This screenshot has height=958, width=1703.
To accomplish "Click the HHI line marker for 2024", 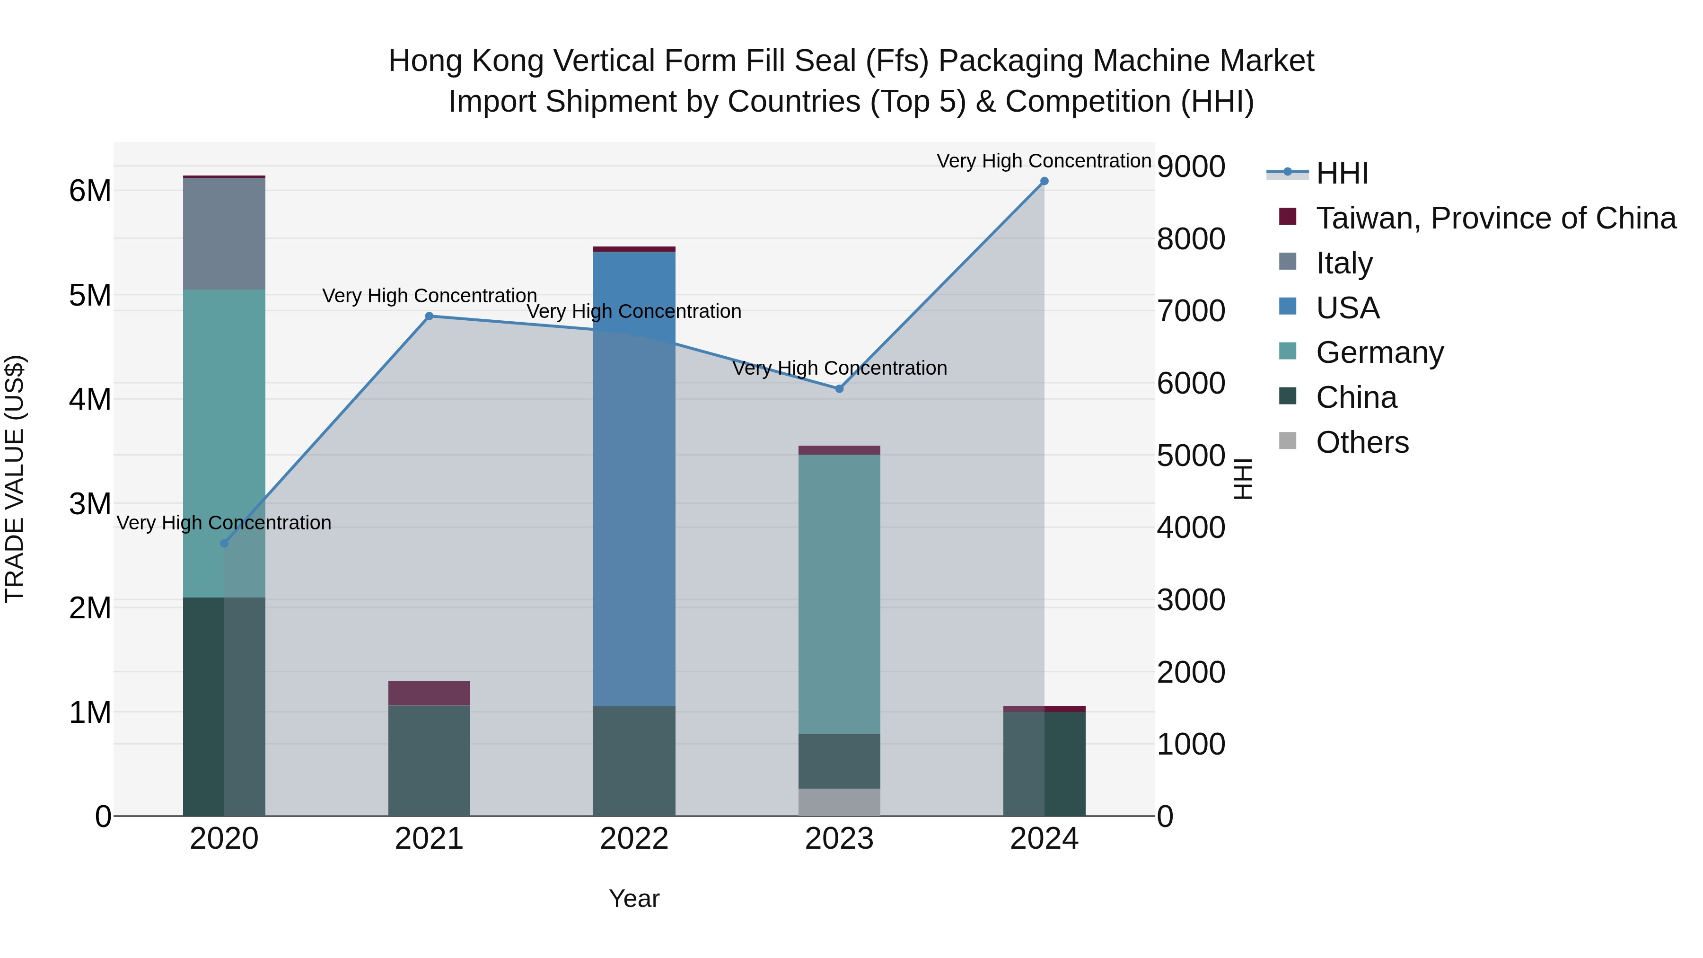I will [1044, 181].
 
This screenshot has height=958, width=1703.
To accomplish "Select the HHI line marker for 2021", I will [429, 316].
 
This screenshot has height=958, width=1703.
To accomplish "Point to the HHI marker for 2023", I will [839, 389].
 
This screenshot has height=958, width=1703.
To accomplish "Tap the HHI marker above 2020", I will [224, 544].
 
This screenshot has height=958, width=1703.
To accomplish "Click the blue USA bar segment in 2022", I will [634, 476].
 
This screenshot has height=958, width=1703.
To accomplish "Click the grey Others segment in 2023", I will [839, 802].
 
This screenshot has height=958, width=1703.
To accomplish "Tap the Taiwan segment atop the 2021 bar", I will [429, 693].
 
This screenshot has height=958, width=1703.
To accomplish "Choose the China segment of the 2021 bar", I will [429, 760].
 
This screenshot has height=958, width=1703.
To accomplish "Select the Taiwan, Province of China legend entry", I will [1495, 218].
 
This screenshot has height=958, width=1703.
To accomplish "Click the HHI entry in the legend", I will [1342, 173].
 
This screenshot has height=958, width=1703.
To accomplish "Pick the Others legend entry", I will [1362, 442].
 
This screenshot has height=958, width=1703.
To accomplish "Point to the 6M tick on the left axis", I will [90, 191].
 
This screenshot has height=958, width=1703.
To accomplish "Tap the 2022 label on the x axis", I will [634, 839].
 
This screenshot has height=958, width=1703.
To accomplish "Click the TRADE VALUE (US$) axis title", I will [15, 479].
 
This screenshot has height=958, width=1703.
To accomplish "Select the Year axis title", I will [634, 898].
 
